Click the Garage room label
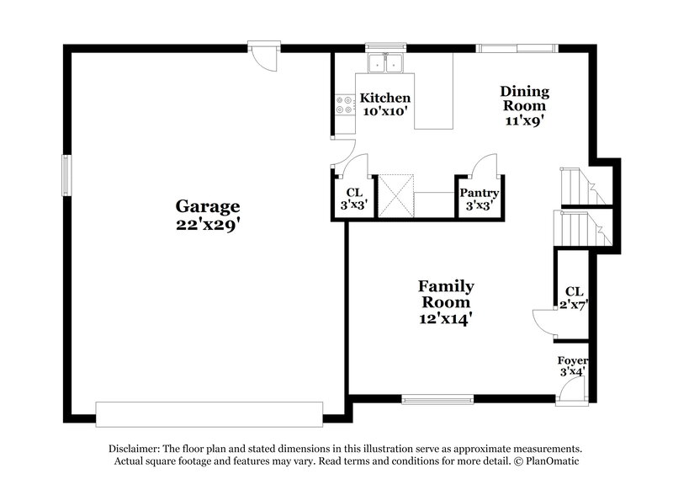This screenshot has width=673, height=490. click(x=207, y=205)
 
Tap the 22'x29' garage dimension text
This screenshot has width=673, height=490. click(x=207, y=225)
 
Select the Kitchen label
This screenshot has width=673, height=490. click(x=385, y=98)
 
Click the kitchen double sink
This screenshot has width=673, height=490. click(x=386, y=62)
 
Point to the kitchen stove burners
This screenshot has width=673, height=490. click(x=345, y=105)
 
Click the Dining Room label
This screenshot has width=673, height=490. click(x=525, y=99)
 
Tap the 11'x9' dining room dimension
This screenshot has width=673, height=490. click(x=525, y=120)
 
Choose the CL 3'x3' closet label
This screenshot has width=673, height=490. click(x=353, y=198)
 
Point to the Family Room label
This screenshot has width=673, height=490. click(x=447, y=294)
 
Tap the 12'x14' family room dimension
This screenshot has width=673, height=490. click(x=447, y=318)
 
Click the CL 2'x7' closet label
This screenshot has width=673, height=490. click(x=574, y=298)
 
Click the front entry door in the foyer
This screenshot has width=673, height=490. click(x=572, y=387)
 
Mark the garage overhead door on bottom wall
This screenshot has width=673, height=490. click(x=209, y=413)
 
